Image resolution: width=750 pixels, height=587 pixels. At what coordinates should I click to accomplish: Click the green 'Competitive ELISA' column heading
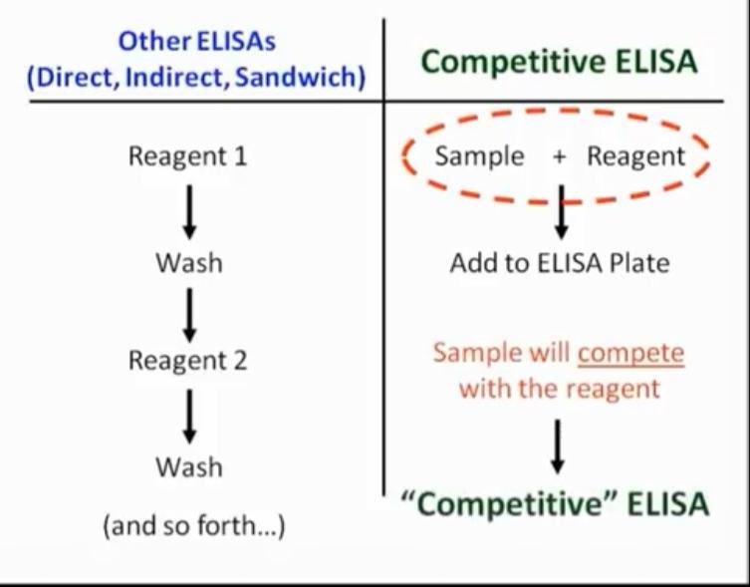559,62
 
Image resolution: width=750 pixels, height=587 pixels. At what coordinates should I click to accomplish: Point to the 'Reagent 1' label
187,156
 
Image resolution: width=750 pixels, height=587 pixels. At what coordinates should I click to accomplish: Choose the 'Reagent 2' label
187,360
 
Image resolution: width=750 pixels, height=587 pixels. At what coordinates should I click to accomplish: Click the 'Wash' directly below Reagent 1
188,263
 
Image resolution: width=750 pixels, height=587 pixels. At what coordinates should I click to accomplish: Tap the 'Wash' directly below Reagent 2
188,466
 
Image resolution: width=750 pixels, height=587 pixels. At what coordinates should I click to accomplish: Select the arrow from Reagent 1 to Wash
188,209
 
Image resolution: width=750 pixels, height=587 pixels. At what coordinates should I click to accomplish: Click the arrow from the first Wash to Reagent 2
188,312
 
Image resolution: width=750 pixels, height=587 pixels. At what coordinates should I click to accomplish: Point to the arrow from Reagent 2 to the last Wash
188,415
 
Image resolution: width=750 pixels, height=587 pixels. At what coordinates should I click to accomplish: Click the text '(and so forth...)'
193,524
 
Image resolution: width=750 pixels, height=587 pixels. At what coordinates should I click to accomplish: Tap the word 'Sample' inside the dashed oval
479,156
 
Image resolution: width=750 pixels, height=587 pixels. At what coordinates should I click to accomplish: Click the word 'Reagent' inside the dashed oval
635,156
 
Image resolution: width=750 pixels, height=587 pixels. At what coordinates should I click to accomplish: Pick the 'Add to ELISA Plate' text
559,263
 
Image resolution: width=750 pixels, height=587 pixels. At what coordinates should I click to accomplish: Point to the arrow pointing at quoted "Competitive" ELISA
559,444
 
